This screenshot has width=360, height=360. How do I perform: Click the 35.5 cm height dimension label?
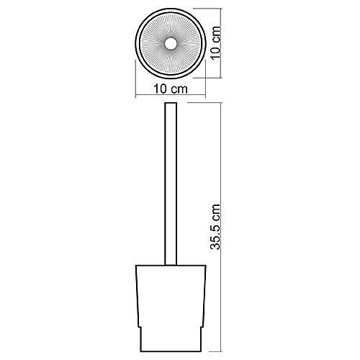pyautogui.click(x=215, y=227)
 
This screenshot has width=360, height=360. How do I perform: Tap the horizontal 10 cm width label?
pyautogui.click(x=171, y=89)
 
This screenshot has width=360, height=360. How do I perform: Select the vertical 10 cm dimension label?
pyautogui.click(x=215, y=42)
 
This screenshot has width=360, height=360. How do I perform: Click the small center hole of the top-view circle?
pyautogui.click(x=171, y=44)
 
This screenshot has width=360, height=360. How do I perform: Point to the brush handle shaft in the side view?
pyautogui.click(x=171, y=184)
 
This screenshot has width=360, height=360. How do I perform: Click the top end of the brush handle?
pyautogui.click(x=171, y=103)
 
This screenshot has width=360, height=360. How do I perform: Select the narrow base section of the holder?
pyautogui.click(x=171, y=339)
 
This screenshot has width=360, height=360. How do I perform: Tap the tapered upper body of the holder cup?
pyautogui.click(x=171, y=296)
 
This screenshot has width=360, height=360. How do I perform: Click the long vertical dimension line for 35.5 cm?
pyautogui.click(x=221, y=228)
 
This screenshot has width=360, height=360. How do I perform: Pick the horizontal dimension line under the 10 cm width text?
pyautogui.click(x=171, y=96)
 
